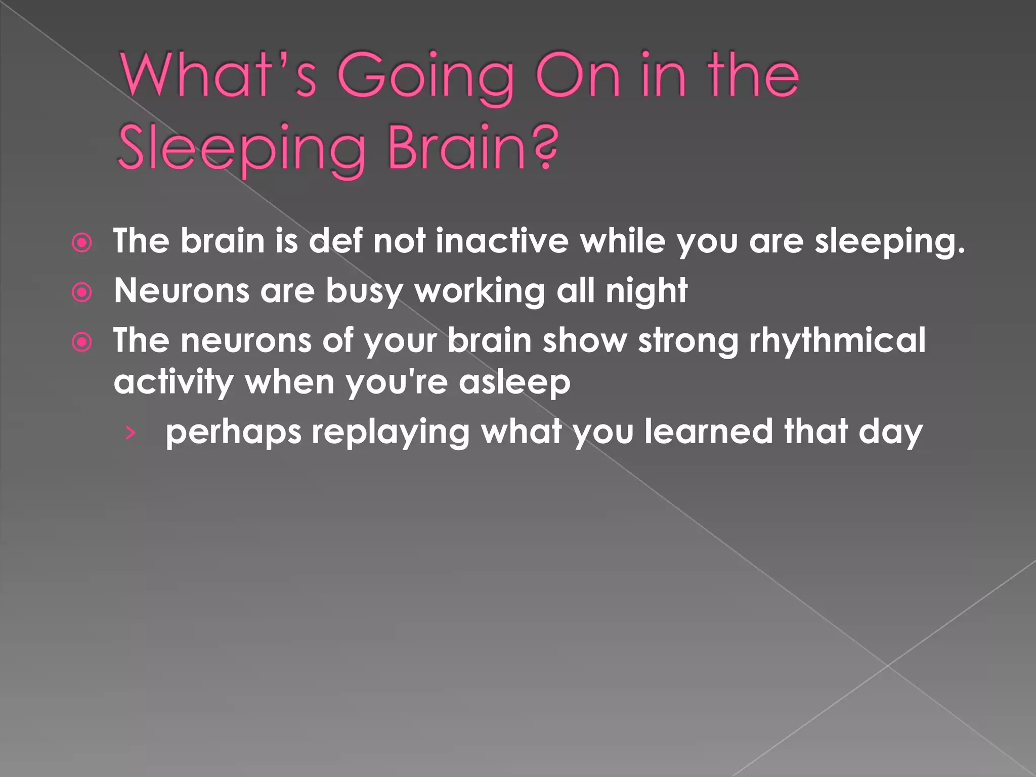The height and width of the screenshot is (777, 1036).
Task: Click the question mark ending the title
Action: coord(545,147)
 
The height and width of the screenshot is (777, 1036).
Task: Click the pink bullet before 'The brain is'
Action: coord(82,243)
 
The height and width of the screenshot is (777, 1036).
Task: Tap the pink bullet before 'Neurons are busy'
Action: coord(82,292)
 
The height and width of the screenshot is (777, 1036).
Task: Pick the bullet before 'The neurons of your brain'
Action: coord(82,342)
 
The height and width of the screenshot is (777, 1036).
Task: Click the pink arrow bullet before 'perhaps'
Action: coord(131,433)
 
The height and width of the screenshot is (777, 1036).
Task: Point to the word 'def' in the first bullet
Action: coord(335,240)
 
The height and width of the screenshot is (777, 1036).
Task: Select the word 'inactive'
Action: coord(502,240)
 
